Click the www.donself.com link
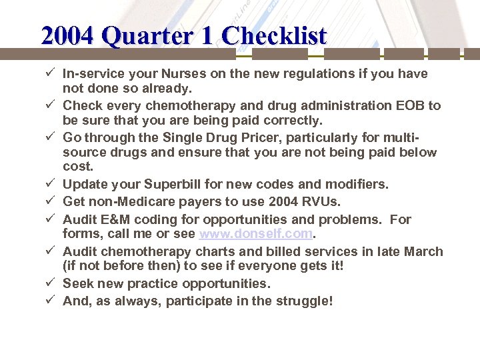pos(255,234)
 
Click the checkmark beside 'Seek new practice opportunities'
pos(51,283)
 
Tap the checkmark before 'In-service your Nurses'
pos(51,73)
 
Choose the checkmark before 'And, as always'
pos(51,301)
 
